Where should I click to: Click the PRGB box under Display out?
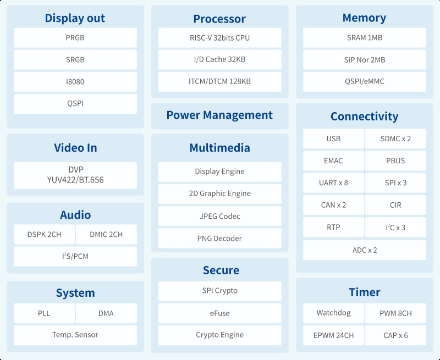(75, 37)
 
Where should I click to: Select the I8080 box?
(75, 81)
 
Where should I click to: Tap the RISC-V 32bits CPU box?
(219, 37)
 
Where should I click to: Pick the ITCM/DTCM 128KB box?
(219, 81)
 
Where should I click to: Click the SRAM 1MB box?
(365, 37)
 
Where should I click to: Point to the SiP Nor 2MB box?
(365, 60)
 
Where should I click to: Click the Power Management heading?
(219, 115)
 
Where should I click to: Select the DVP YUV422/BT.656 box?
(75, 175)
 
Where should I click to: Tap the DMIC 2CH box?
(106, 234)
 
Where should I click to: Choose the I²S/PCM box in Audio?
(75, 256)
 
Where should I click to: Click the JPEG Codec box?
(219, 216)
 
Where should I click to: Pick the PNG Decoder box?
(219, 239)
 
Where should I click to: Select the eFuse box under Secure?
(219, 313)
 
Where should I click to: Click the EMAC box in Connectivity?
(333, 160)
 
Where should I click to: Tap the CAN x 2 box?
(333, 205)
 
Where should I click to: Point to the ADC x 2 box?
(365, 250)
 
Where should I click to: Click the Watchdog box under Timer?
(333, 313)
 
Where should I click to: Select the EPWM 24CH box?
(333, 335)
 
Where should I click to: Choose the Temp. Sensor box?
(75, 335)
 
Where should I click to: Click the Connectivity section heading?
(364, 117)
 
